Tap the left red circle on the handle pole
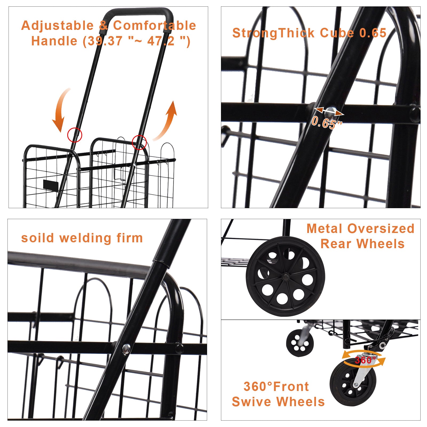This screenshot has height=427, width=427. (x=75, y=135)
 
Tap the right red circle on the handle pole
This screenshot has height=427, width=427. (x=139, y=142)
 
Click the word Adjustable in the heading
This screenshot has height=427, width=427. (x=57, y=26)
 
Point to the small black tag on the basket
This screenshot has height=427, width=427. (x=51, y=185)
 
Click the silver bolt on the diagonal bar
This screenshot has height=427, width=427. (x=126, y=349)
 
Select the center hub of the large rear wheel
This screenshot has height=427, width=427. (x=285, y=277)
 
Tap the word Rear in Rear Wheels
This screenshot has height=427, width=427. (x=336, y=244)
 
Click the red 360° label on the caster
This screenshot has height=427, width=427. (x=365, y=360)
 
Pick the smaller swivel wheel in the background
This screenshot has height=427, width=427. (x=299, y=343)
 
